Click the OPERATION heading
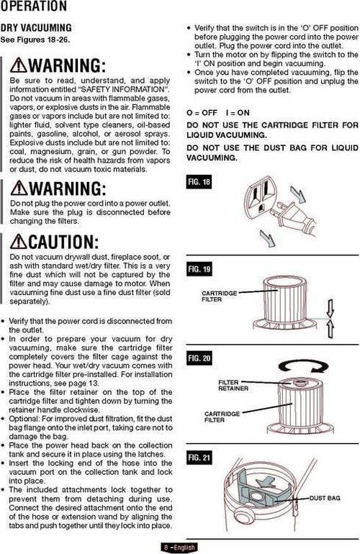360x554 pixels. pyautogui.click(x=33, y=6)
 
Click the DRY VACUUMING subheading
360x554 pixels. pyautogui.click(x=36, y=27)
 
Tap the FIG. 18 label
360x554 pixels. pyautogui.click(x=199, y=181)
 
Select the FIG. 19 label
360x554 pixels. pyautogui.click(x=199, y=269)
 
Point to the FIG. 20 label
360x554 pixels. pyautogui.click(x=199, y=358)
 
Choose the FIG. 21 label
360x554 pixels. pyautogui.click(x=199, y=458)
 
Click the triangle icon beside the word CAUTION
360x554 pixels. pyautogui.click(x=19, y=242)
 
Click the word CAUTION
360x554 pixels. pyautogui.click(x=63, y=242)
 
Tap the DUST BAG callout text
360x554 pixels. pyautogui.click(x=325, y=498)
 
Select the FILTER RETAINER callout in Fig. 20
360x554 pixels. pyautogui.click(x=233, y=385)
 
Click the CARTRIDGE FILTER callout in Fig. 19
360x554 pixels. pyautogui.click(x=219, y=296)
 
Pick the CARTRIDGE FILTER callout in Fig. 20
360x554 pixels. pyautogui.click(x=222, y=417)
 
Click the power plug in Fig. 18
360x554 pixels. pyautogui.click(x=294, y=217)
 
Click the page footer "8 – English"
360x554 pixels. pyautogui.click(x=179, y=548)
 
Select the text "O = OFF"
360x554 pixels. pyautogui.click(x=202, y=113)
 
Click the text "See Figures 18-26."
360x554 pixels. pyautogui.click(x=35, y=40)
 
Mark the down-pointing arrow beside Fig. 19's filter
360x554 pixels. pyautogui.click(x=330, y=308)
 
